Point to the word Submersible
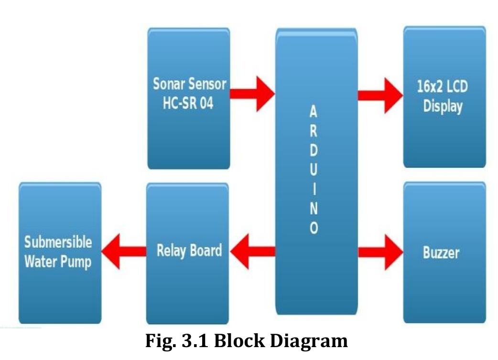pos(58,242)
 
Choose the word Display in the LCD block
pos(443,106)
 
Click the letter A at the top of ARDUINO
pos(313,112)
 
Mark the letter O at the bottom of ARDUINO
pos(314,228)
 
